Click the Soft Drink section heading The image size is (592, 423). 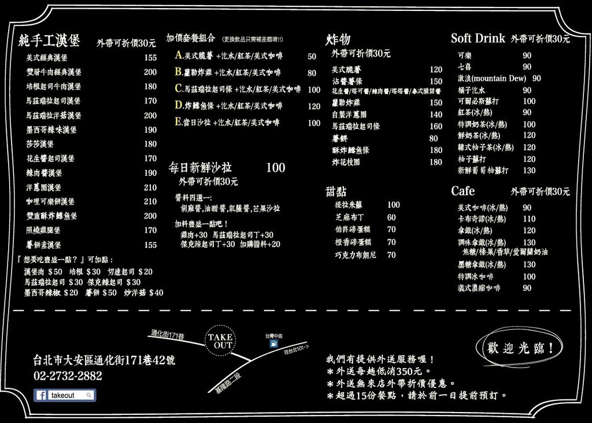[478, 39]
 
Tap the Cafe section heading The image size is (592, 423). [462, 191]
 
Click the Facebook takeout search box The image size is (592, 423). [65, 395]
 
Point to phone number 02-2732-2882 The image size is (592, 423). [68, 376]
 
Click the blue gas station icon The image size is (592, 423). [273, 344]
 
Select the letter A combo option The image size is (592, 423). [179, 56]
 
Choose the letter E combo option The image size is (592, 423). [179, 123]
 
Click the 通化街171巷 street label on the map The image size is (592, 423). [167, 335]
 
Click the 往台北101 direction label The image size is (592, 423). [297, 350]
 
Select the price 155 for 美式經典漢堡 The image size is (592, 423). [150, 58]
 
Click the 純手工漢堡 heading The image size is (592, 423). [49, 41]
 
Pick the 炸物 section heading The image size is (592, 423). [338, 40]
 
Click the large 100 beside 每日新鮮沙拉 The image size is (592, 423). [275, 168]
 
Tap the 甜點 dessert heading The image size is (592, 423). [336, 192]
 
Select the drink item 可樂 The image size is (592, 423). [465, 55]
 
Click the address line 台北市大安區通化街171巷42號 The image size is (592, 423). [104, 361]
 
